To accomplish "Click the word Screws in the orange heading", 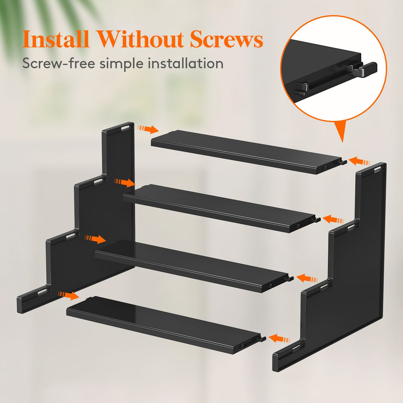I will [226, 39].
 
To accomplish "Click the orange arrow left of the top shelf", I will [148, 129].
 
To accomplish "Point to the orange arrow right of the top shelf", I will [359, 161].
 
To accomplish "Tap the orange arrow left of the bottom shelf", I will [68, 295].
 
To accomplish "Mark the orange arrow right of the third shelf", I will [307, 279].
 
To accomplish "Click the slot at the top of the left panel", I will [127, 127].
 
